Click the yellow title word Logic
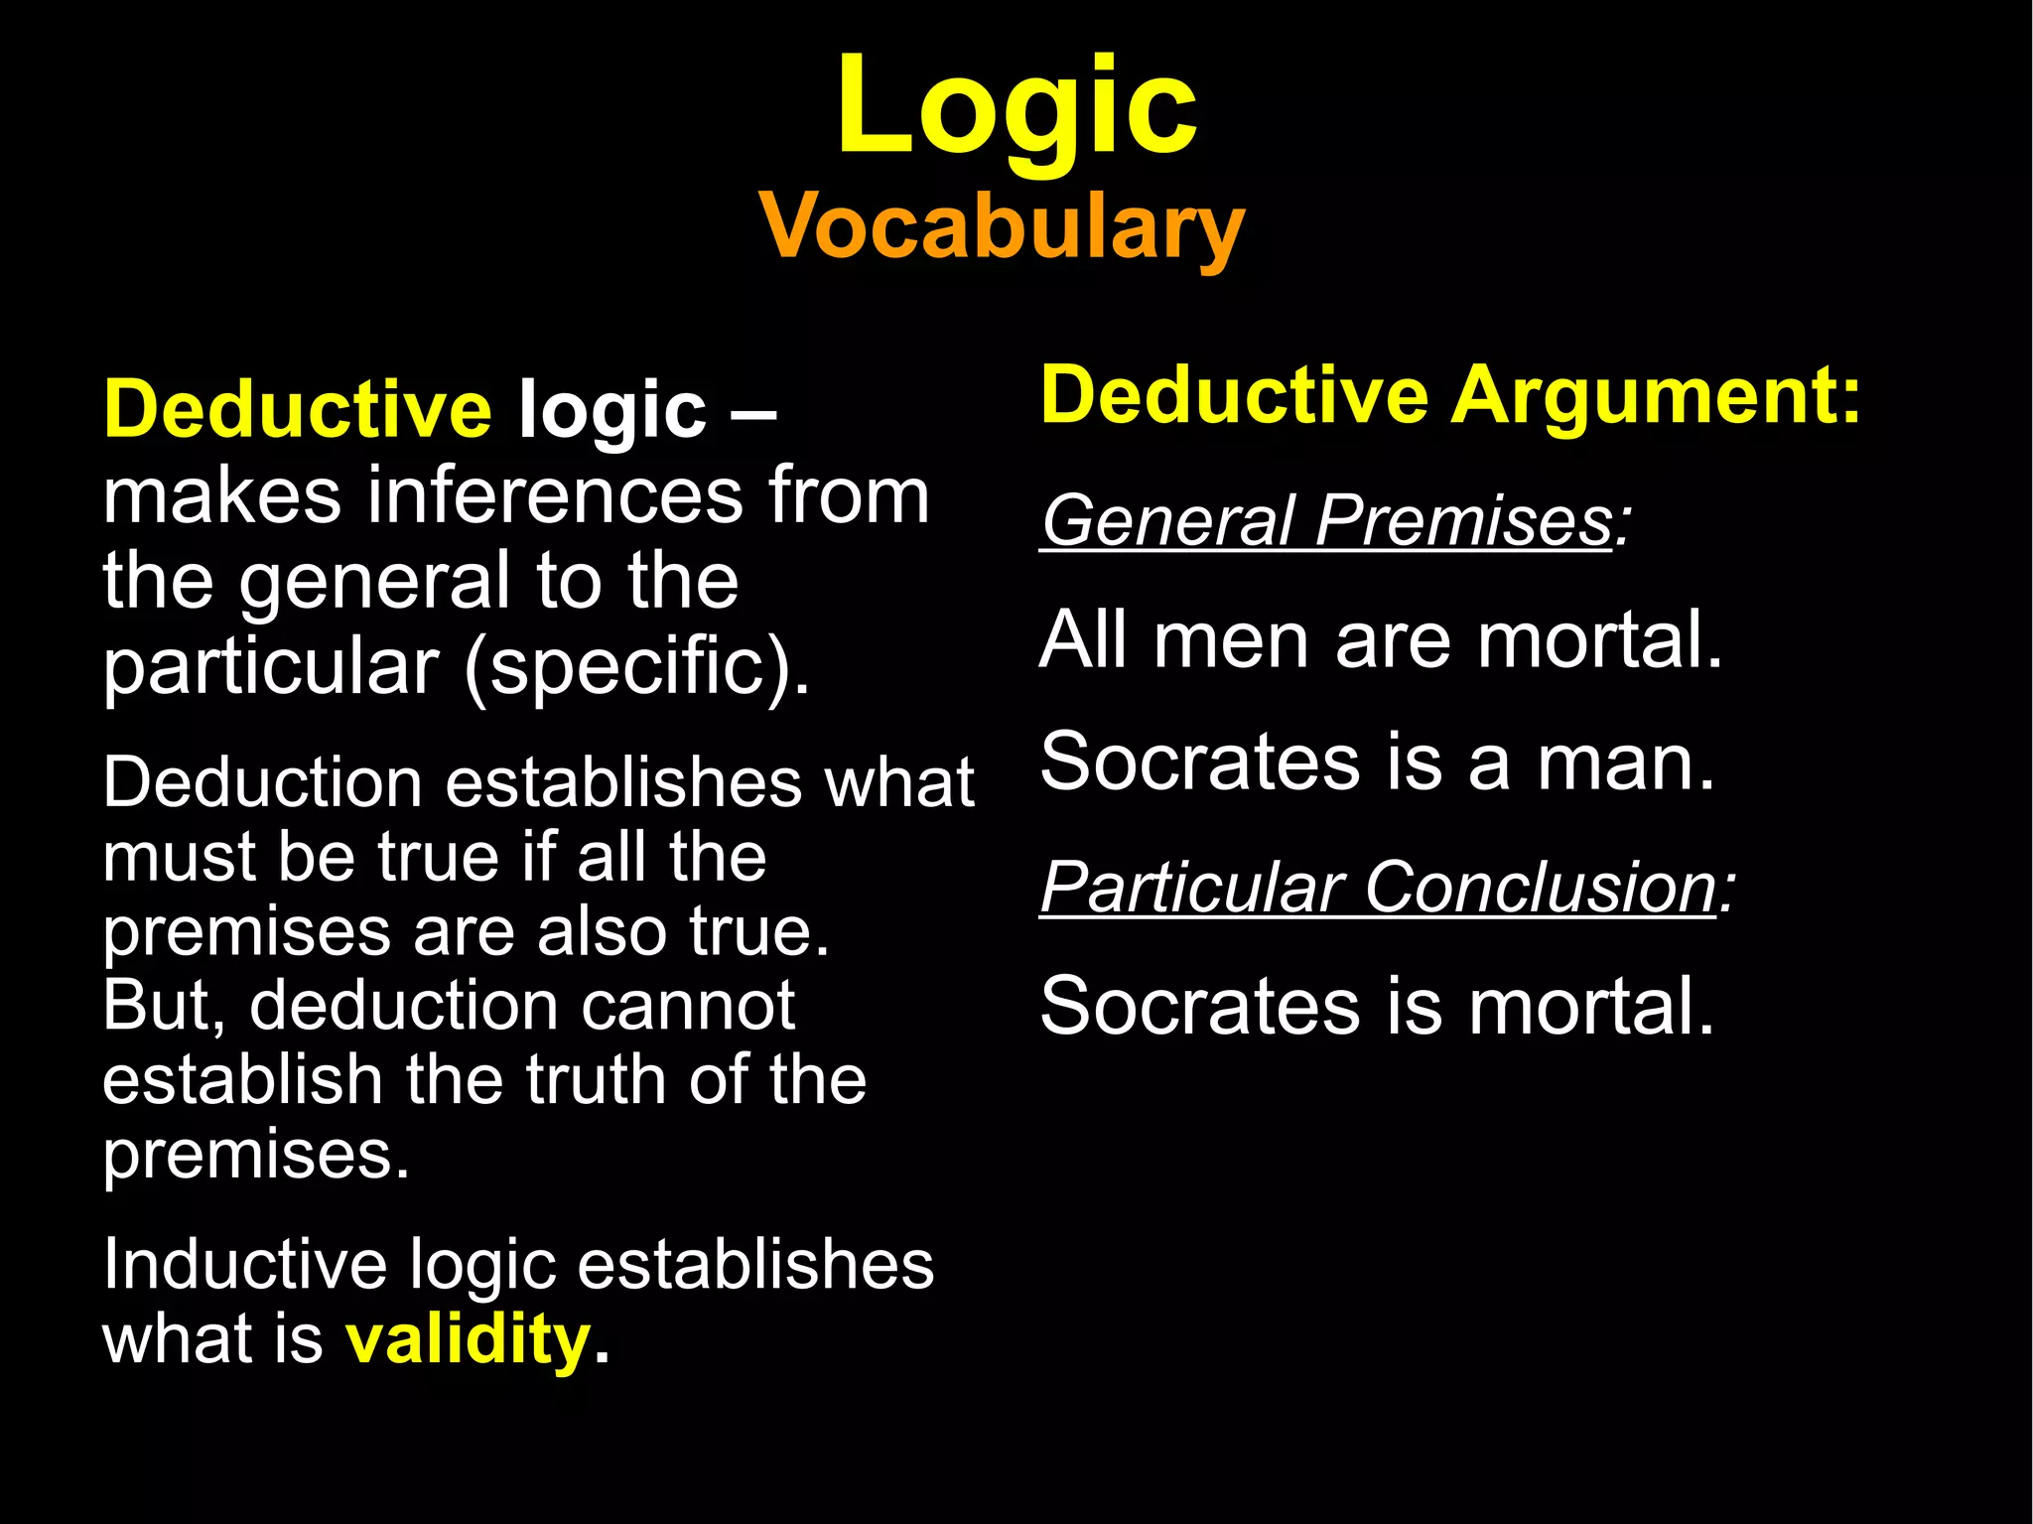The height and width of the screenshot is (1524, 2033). tap(1016, 107)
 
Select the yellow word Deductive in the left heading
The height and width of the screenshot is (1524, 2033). tap(298, 409)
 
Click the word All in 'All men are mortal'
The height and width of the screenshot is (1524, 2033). tap(1083, 640)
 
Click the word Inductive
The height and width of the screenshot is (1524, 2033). tap(244, 1265)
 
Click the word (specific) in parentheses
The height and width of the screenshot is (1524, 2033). tap(635, 667)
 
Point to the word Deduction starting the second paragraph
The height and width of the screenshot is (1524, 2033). tap(263, 783)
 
